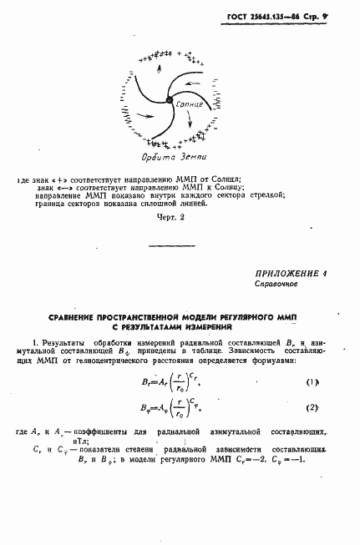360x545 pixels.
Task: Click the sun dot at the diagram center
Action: pyautogui.click(x=170, y=101)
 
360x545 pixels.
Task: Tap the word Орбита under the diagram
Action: pyautogui.click(x=152, y=157)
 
